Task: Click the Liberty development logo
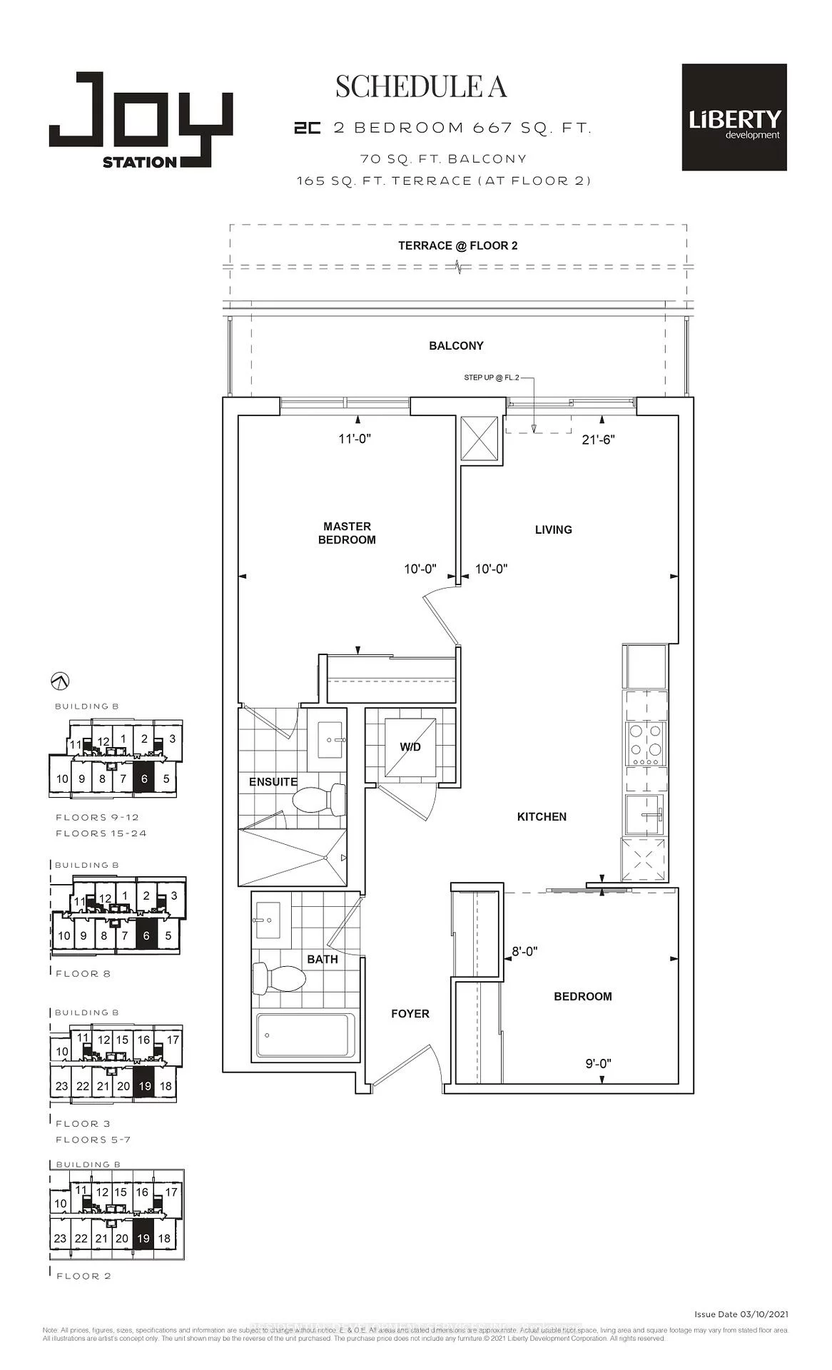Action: click(734, 118)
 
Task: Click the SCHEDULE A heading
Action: click(421, 86)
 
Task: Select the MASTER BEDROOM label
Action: click(347, 533)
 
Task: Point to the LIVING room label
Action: click(553, 529)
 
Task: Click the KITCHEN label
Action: click(542, 816)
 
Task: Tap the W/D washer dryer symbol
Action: click(410, 747)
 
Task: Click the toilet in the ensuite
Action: click(319, 800)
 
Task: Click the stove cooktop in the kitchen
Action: click(644, 743)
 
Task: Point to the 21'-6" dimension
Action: click(598, 440)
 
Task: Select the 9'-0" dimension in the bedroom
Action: click(598, 1063)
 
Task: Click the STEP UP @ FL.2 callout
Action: click(492, 377)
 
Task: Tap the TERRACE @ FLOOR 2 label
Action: click(457, 245)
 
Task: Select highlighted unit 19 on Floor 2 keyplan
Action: click(143, 1238)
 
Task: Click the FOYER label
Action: click(410, 1013)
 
